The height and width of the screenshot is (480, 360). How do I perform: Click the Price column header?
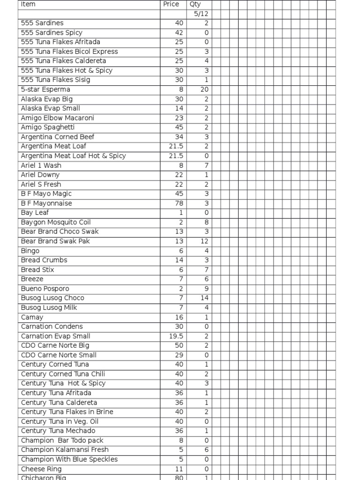(171, 4)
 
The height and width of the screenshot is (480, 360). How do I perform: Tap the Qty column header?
(195, 4)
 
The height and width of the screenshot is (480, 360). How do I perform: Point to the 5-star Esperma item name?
(45, 90)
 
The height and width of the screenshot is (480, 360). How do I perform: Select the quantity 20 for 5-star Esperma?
(204, 90)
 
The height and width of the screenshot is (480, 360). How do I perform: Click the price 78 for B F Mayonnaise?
(179, 203)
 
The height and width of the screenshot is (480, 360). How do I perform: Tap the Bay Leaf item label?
(35, 213)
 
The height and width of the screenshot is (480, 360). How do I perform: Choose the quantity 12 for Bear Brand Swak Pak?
(204, 241)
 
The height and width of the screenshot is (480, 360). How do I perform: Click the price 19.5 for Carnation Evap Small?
(176, 336)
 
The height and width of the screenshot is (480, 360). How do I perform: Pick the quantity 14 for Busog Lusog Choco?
(204, 298)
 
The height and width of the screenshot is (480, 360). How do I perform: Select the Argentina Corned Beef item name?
(58, 137)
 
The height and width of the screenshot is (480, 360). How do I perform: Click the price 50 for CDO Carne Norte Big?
(179, 345)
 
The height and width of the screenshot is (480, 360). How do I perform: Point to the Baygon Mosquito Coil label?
(56, 222)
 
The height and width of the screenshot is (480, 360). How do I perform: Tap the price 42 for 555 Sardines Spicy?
(179, 33)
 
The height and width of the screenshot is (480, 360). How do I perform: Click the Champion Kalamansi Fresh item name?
(65, 450)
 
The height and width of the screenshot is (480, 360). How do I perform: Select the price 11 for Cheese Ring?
(180, 469)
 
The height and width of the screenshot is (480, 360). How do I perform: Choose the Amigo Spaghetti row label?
(48, 127)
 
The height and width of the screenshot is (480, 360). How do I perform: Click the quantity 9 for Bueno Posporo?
(206, 289)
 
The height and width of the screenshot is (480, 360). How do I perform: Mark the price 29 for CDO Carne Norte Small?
(179, 355)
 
